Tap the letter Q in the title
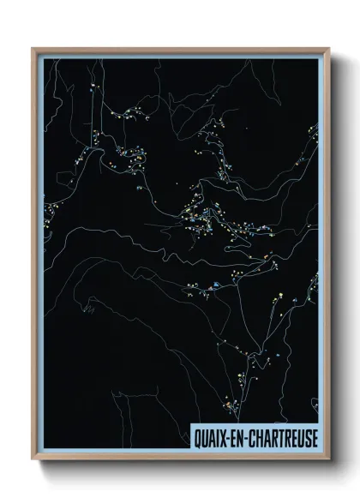point(196,435)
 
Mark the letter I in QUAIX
point(218,435)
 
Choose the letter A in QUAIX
point(212,435)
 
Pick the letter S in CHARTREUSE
point(307,435)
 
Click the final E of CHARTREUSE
point(314,435)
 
